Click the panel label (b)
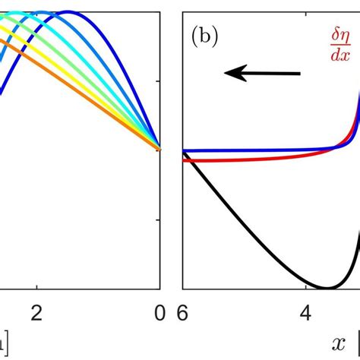204,38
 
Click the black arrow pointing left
262,73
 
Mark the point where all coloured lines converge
159,148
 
